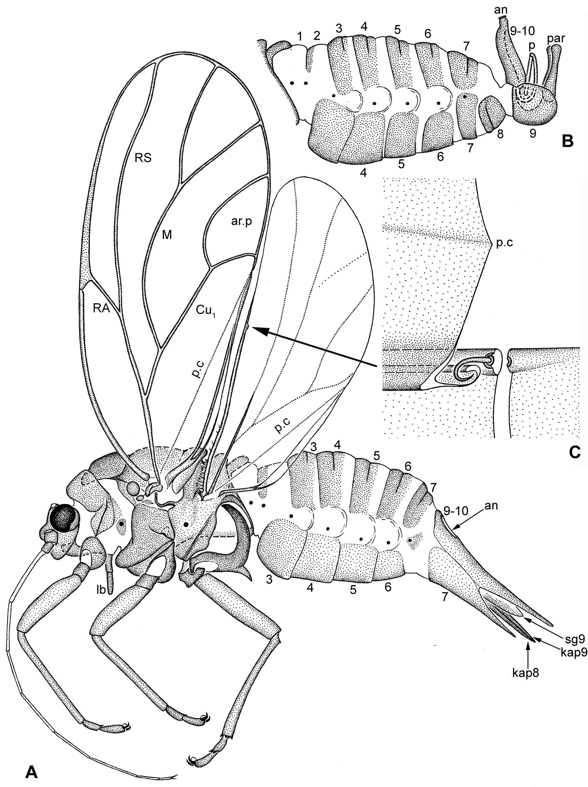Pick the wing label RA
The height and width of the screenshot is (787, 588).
(x=101, y=308)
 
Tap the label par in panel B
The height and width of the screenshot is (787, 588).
(x=556, y=38)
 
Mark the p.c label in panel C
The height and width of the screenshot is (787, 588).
(x=504, y=244)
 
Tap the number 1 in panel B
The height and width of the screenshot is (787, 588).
(x=300, y=36)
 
